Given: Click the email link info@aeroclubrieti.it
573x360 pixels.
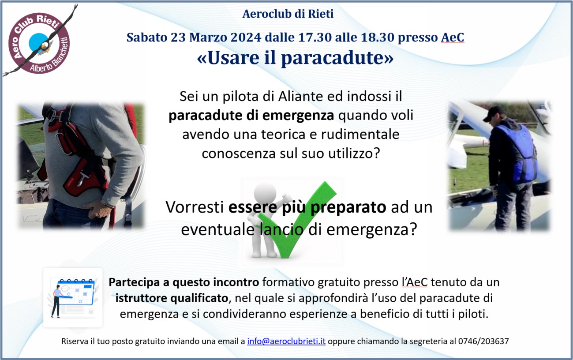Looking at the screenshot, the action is (286, 341).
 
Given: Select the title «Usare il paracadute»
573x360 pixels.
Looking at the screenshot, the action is (295, 58).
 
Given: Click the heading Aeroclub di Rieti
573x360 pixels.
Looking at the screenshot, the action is (288, 14).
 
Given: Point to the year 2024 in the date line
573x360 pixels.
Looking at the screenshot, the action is (246, 37).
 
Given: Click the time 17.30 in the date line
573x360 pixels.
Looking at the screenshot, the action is (315, 37).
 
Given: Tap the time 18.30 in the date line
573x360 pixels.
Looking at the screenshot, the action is (378, 37).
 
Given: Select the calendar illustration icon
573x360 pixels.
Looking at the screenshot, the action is (73, 297).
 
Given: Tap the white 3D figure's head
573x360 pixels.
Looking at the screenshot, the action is (265, 193).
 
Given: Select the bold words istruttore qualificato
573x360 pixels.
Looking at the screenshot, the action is (172, 298).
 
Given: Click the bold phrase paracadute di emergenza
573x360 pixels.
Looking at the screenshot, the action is (251, 116).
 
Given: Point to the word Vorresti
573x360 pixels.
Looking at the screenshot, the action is (195, 207).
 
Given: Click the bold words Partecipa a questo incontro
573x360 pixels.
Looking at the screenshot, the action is (184, 282).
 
